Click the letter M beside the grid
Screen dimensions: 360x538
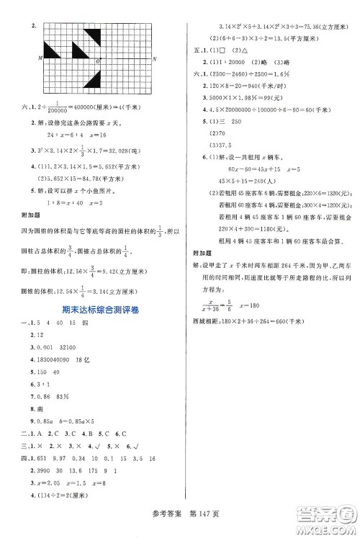40,58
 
